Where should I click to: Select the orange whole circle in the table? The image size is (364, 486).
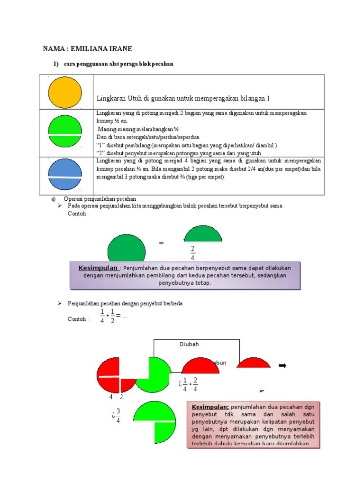[65, 92]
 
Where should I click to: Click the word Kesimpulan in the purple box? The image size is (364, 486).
[98, 268]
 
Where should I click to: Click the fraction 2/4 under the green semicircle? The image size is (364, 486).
[192, 253]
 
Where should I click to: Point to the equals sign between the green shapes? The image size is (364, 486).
[161, 243]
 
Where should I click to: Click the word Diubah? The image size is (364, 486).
[190, 345]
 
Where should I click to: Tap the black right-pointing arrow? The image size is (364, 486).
[282, 365]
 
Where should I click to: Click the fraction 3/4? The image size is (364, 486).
[118, 415]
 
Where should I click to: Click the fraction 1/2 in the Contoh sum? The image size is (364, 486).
[113, 316]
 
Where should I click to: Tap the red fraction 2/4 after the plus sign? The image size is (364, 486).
[195, 384]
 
